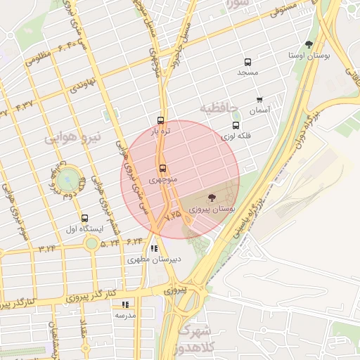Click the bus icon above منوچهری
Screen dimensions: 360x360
[x=163, y=169]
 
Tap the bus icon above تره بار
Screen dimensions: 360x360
[x=160, y=120]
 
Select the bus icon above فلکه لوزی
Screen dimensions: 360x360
[x=236, y=124]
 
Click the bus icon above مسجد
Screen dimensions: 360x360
[x=247, y=63]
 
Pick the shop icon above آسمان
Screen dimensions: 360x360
[x=259, y=100]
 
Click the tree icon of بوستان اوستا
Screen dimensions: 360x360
[x=309, y=44]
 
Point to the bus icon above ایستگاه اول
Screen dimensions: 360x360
[x=85, y=218]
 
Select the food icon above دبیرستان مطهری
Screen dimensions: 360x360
[x=154, y=248]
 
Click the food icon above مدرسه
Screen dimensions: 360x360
[x=125, y=304]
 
